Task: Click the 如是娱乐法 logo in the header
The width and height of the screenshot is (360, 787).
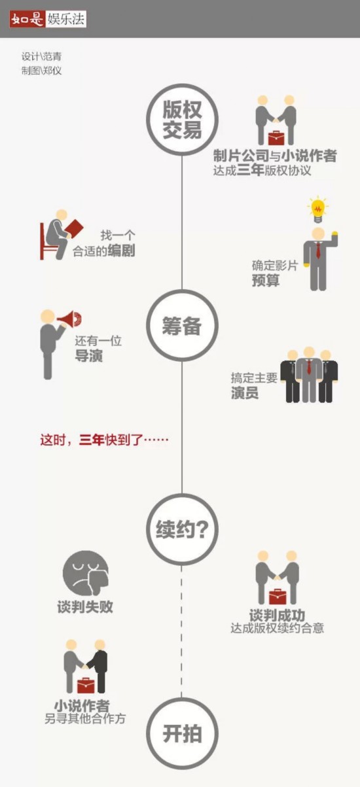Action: pyautogui.click(x=48, y=19)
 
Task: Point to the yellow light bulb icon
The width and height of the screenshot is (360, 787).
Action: pyautogui.click(x=318, y=209)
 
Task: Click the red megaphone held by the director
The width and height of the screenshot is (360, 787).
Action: pyautogui.click(x=69, y=319)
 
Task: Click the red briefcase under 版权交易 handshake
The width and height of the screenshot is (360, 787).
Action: pyautogui.click(x=276, y=138)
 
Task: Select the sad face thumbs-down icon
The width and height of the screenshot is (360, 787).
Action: pyautogui.click(x=86, y=573)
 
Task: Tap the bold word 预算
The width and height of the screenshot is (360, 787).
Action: pyautogui.click(x=266, y=281)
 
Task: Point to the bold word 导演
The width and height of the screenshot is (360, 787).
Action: pyautogui.click(x=88, y=356)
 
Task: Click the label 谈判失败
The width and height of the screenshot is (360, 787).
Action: pyautogui.click(x=85, y=606)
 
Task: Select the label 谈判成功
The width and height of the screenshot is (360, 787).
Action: pyautogui.click(x=277, y=616)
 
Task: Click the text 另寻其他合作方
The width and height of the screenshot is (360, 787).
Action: pyautogui.click(x=85, y=719)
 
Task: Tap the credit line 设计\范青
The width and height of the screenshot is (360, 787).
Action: pyautogui.click(x=41, y=56)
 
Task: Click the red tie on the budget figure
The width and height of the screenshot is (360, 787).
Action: pyautogui.click(x=318, y=250)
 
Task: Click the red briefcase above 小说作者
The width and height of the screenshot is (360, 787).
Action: pyautogui.click(x=86, y=686)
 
